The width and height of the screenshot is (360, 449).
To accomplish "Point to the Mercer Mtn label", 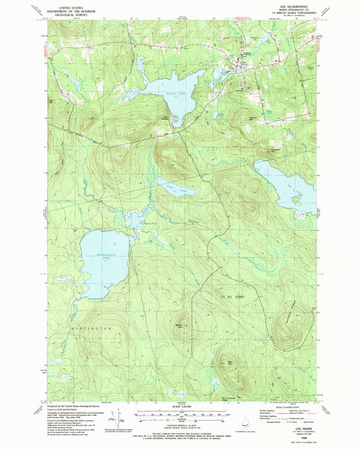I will (180, 326).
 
